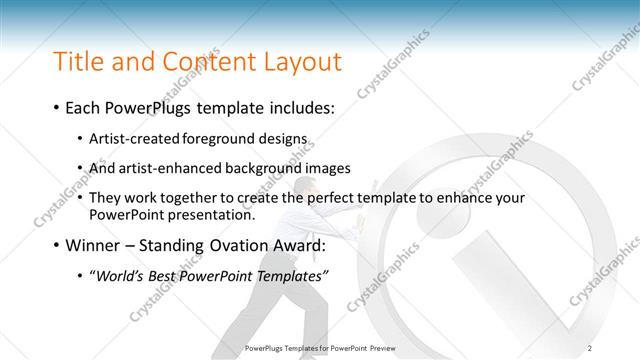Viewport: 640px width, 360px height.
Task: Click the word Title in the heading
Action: (x=77, y=62)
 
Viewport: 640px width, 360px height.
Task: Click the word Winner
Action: (x=94, y=245)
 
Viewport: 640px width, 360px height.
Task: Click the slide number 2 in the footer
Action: (x=590, y=347)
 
